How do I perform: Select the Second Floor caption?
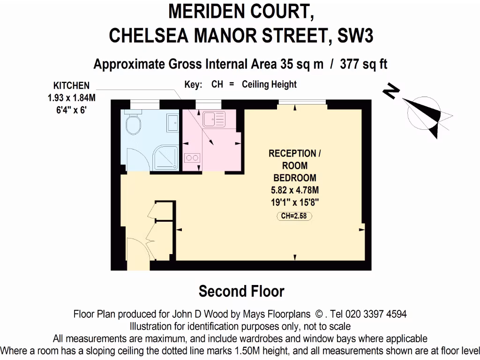[241, 291]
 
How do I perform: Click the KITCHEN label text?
[71, 86]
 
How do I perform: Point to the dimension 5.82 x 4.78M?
[295, 190]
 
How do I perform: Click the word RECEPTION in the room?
[292, 153]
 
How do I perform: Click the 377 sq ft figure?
[363, 64]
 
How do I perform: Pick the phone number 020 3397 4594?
[370, 314]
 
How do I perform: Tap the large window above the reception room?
[303, 103]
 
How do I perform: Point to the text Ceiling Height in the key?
[269, 84]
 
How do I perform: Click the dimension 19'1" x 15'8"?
[295, 202]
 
